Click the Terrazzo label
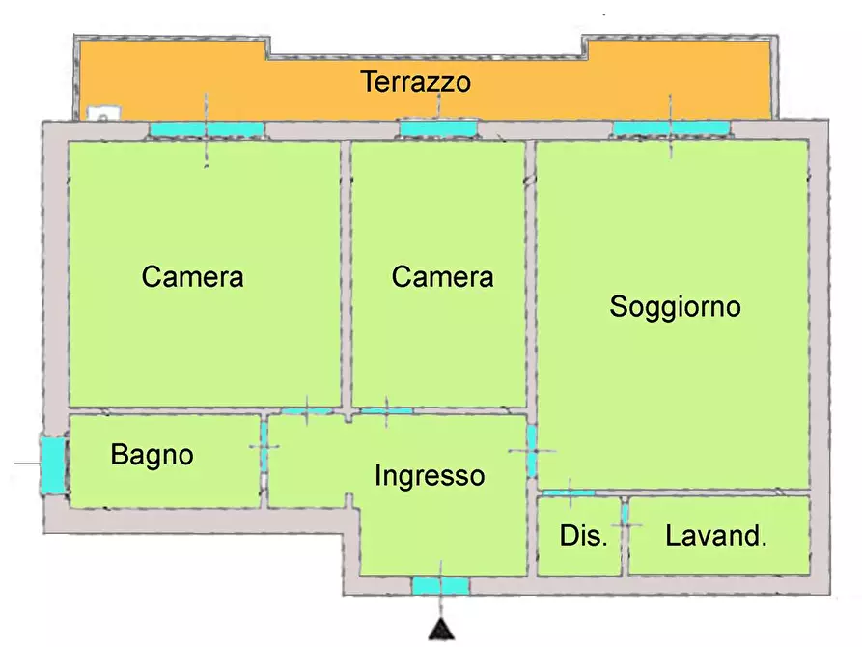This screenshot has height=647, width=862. click(416, 82)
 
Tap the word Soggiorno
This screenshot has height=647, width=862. click(675, 307)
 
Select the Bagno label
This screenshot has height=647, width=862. click(153, 454)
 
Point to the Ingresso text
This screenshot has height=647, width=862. click(430, 475)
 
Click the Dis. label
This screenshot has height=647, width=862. click(584, 536)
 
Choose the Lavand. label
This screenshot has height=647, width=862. click(716, 536)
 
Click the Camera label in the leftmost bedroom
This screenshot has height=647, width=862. click(192, 277)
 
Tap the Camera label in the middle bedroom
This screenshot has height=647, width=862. click(442, 277)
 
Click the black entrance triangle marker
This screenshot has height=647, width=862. click(441, 630)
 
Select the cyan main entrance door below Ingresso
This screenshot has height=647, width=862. click(441, 585)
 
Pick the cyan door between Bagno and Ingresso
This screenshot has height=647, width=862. click(264, 445)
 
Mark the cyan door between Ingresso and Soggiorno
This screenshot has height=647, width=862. click(531, 451)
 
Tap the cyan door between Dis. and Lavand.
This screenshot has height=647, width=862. click(626, 514)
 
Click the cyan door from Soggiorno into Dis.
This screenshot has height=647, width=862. click(570, 492)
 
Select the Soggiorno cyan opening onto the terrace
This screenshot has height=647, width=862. click(671, 128)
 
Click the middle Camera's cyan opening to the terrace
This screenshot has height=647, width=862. click(438, 128)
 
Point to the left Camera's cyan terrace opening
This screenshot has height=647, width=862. click(206, 128)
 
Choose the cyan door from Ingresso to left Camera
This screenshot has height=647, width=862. click(307, 411)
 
